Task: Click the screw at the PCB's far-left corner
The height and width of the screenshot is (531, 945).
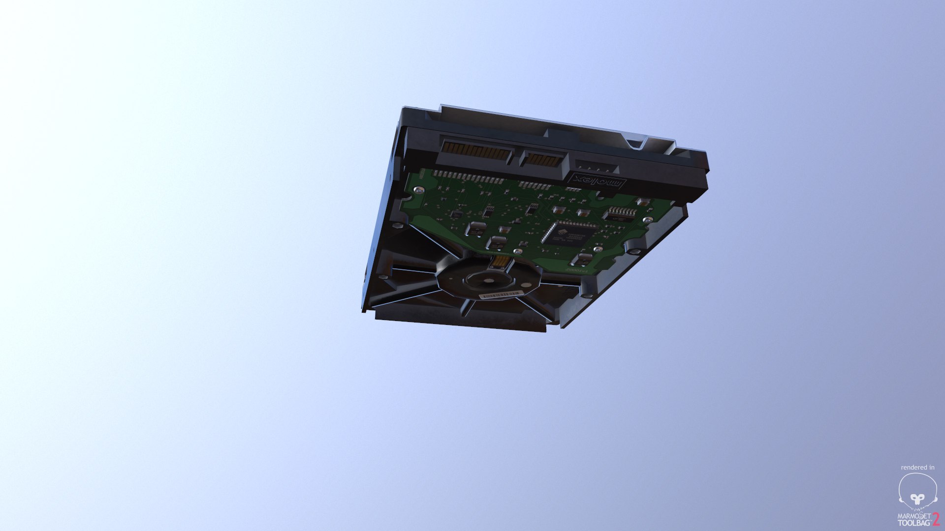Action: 418,189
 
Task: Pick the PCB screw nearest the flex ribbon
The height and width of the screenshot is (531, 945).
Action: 518,252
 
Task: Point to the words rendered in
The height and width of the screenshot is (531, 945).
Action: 917,467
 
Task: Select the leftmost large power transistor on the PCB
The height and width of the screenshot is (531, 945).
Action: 476,228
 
